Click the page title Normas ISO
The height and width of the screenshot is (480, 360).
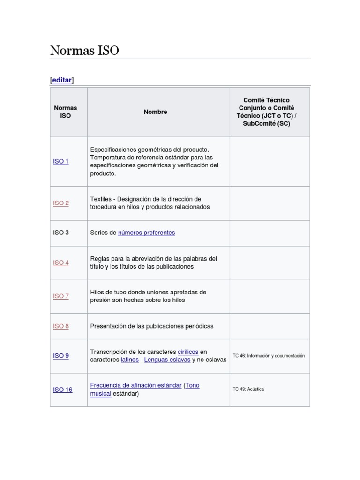(x=84, y=51)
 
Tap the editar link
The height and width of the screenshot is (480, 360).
(x=62, y=80)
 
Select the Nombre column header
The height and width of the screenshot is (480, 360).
(x=155, y=112)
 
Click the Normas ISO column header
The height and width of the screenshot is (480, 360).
(x=66, y=112)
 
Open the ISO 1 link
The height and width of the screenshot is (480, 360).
(x=61, y=161)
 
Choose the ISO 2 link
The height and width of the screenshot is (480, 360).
(x=61, y=203)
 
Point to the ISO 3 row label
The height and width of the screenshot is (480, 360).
(x=61, y=232)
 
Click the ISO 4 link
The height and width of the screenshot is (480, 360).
(x=61, y=262)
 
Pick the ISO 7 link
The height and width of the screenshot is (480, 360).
(x=61, y=296)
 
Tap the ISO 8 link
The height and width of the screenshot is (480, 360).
(x=61, y=326)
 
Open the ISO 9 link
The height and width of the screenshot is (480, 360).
(x=61, y=356)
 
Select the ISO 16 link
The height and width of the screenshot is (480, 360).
(x=63, y=390)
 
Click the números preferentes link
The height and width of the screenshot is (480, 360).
(x=146, y=232)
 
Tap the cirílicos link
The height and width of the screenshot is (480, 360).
(x=188, y=352)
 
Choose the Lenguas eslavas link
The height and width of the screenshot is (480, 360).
(x=167, y=360)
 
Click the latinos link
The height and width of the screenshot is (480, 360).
(x=129, y=360)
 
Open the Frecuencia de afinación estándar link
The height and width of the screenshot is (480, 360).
(x=136, y=385)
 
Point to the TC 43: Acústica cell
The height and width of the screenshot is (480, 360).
(x=248, y=389)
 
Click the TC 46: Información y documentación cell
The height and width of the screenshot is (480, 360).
(x=269, y=356)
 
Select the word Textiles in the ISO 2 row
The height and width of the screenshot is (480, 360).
(x=101, y=199)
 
